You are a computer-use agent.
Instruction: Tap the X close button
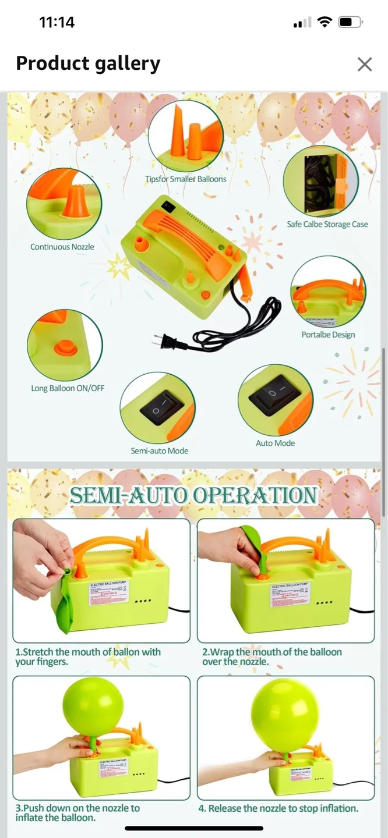(x=365, y=64)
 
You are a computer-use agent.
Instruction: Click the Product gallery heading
(x=88, y=63)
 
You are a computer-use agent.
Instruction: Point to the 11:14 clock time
(x=57, y=23)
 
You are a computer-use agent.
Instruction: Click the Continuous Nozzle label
(x=62, y=247)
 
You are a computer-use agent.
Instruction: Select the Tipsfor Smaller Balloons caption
(x=185, y=179)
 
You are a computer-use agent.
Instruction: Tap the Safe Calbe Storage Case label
(x=327, y=224)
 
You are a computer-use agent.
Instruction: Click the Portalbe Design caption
(x=328, y=335)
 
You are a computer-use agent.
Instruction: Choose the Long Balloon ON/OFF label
(x=68, y=388)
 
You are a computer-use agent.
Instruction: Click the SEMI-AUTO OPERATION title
(x=193, y=495)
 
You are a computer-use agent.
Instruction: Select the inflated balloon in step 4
(x=285, y=715)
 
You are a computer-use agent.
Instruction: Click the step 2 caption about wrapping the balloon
(x=272, y=656)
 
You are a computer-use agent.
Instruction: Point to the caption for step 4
(x=278, y=808)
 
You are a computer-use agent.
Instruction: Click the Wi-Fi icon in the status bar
(x=325, y=23)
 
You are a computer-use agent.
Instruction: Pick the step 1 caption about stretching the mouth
(x=88, y=656)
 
